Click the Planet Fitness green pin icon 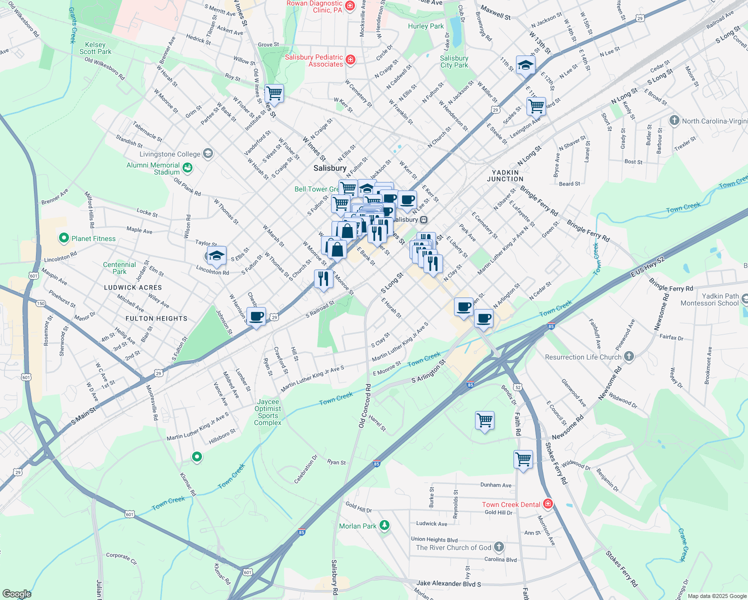(63, 238)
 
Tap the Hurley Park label (425, 26)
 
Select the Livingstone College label (170, 154)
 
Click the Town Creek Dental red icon (548, 503)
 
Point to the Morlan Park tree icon (384, 525)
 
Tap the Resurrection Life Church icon (629, 356)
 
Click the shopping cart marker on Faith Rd (523, 458)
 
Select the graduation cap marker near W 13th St (525, 65)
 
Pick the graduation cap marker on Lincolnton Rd (216, 255)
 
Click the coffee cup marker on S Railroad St (256, 316)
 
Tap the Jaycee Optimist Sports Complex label (268, 412)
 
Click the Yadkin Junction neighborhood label (505, 175)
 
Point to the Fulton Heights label (156, 318)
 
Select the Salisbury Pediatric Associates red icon (350, 60)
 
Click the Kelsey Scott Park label (95, 48)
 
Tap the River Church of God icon (499, 547)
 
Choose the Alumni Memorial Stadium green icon (187, 167)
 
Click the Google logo (16, 594)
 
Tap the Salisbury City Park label (454, 61)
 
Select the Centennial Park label (119, 268)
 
